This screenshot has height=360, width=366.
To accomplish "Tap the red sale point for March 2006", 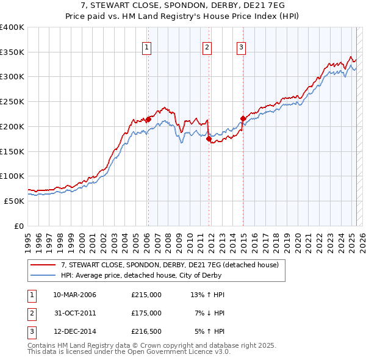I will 148,119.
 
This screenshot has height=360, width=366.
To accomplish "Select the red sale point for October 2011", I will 209,139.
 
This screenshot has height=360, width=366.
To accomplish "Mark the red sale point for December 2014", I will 243,118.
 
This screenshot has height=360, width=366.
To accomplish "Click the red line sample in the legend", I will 43,265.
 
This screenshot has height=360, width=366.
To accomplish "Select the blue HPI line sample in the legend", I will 43,275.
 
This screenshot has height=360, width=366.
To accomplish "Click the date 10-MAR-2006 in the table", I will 75,295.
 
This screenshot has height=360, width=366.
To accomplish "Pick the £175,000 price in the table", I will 146,313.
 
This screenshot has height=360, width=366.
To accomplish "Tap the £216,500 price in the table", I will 146,331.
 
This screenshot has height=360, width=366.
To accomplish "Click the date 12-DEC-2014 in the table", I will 75,331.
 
